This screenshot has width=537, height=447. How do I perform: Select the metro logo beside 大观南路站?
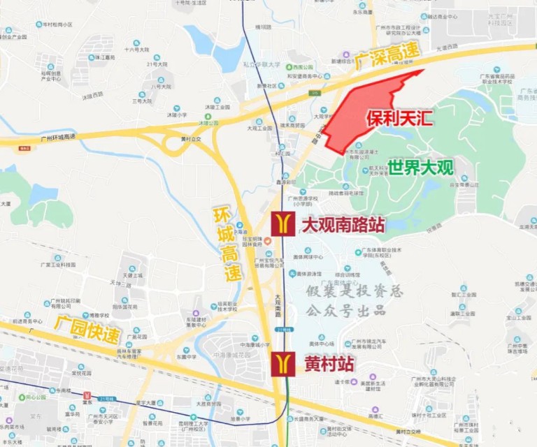pos(283,223)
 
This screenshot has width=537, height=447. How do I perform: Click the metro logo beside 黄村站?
pos(283,364)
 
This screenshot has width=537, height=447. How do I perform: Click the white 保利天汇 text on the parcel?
pos(399,117)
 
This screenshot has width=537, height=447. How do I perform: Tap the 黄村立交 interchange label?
pos(190,138)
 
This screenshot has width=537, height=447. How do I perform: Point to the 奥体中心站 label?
pos(322,344)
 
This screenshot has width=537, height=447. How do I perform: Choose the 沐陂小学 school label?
pos(176,115)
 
